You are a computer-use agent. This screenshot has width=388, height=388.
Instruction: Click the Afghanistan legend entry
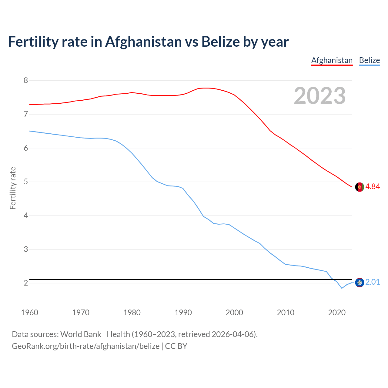pos(332,60)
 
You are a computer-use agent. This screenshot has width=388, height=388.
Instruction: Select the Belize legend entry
pos(369,60)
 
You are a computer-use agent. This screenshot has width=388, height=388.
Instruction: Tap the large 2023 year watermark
pos(320,96)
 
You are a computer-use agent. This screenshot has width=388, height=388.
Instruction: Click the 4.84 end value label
pos(373,186)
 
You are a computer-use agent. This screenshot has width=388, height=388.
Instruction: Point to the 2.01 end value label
pos(373,282)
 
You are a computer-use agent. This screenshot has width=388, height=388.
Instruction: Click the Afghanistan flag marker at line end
pos(360,187)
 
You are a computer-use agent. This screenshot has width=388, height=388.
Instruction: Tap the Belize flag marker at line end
pos(360,283)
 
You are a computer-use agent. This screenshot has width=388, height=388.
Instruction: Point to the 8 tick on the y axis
pos(26,80)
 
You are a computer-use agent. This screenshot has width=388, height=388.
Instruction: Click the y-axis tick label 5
pos(26,182)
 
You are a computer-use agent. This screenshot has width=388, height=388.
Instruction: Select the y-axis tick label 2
pos(26,283)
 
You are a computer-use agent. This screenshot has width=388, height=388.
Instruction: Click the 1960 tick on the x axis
pos(29,313)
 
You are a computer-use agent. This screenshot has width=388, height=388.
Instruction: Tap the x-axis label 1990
pos(183,313)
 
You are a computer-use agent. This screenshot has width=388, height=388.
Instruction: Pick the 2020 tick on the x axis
pos(337,313)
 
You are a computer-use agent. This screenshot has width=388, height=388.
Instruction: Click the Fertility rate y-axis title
pos(13,188)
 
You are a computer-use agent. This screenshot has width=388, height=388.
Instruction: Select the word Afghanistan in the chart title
pos(143,42)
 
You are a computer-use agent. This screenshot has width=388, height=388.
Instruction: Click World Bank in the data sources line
pos(81,334)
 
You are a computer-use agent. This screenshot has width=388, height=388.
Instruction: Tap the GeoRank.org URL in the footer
pos(85,346)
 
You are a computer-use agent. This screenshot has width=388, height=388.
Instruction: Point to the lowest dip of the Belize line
pos(342,288)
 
